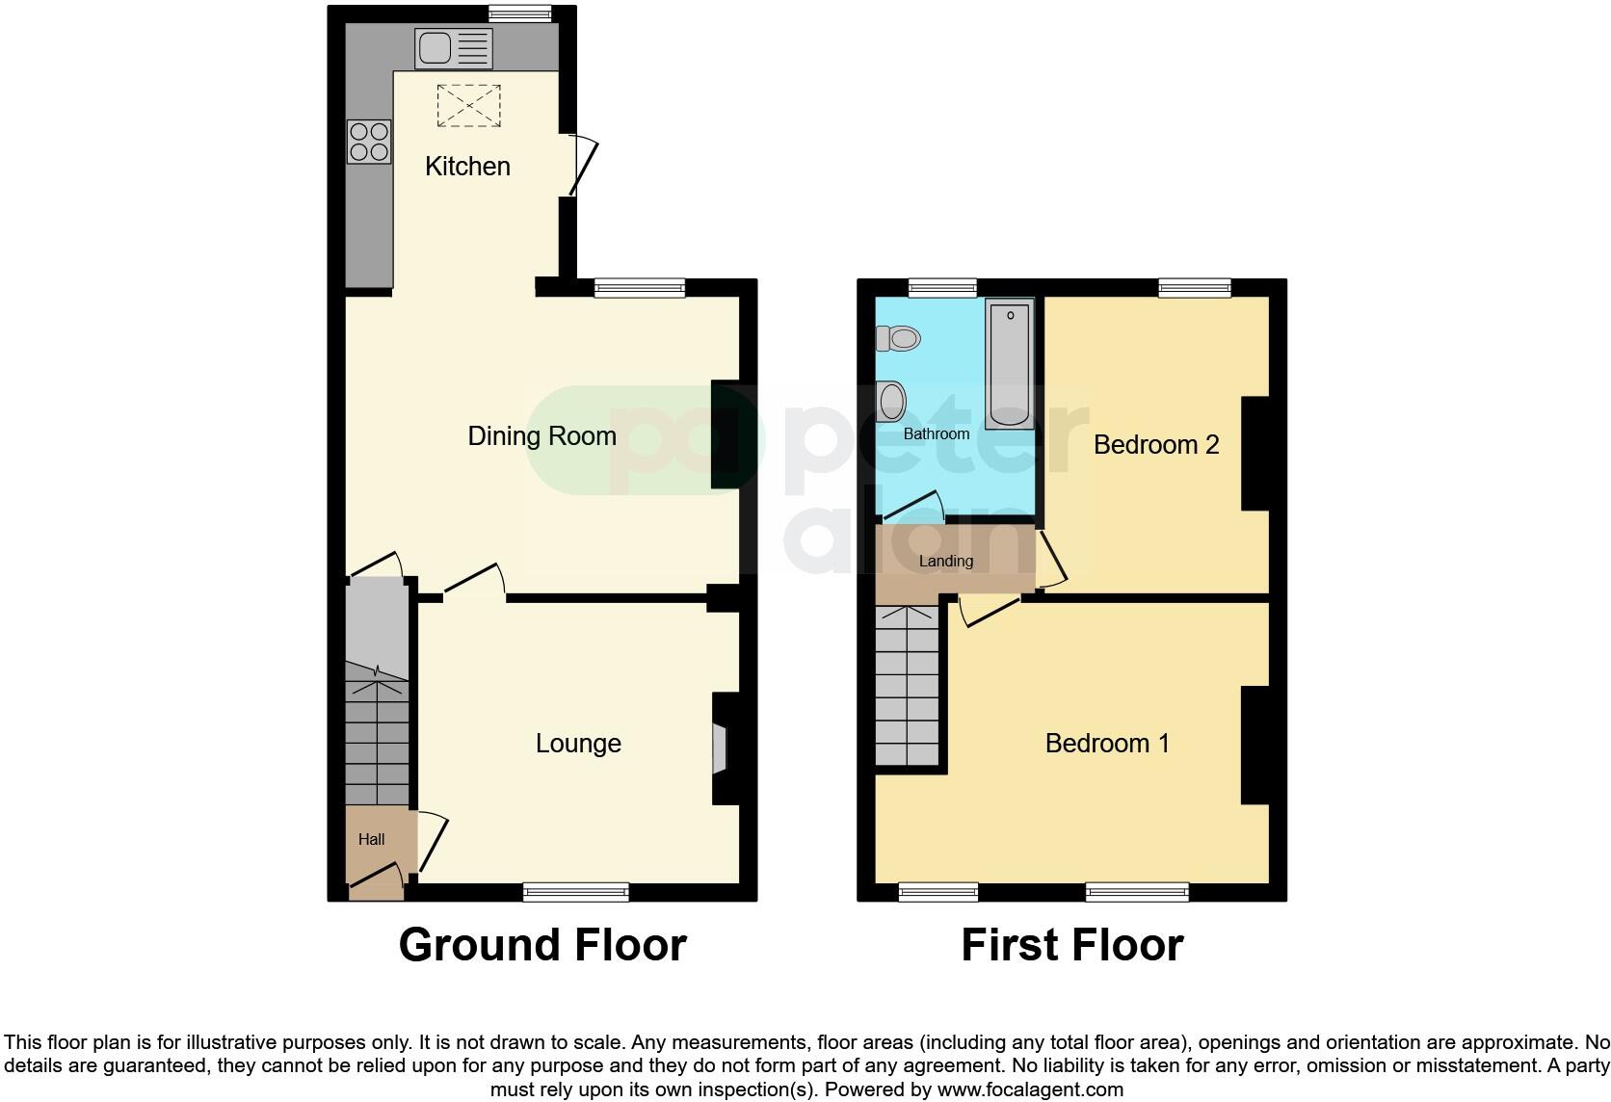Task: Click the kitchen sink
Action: tap(453, 48)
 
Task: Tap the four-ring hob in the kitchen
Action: tap(370, 142)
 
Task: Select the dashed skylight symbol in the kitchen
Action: tap(470, 105)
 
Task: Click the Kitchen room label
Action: tap(467, 167)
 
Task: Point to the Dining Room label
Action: tap(541, 436)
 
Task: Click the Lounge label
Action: tap(578, 744)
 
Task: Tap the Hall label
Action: tap(371, 840)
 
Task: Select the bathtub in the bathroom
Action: tap(1010, 364)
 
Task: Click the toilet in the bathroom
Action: tap(899, 338)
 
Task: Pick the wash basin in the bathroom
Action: tap(892, 400)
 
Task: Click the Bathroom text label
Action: tap(936, 434)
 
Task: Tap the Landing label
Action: tap(945, 562)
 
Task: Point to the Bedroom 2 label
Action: tap(1156, 445)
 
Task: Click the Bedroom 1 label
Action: tap(1107, 744)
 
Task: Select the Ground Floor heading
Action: tap(542, 945)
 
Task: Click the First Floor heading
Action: tap(1071, 945)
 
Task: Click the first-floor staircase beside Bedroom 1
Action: tap(907, 686)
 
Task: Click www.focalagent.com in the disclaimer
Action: tap(1030, 1090)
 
